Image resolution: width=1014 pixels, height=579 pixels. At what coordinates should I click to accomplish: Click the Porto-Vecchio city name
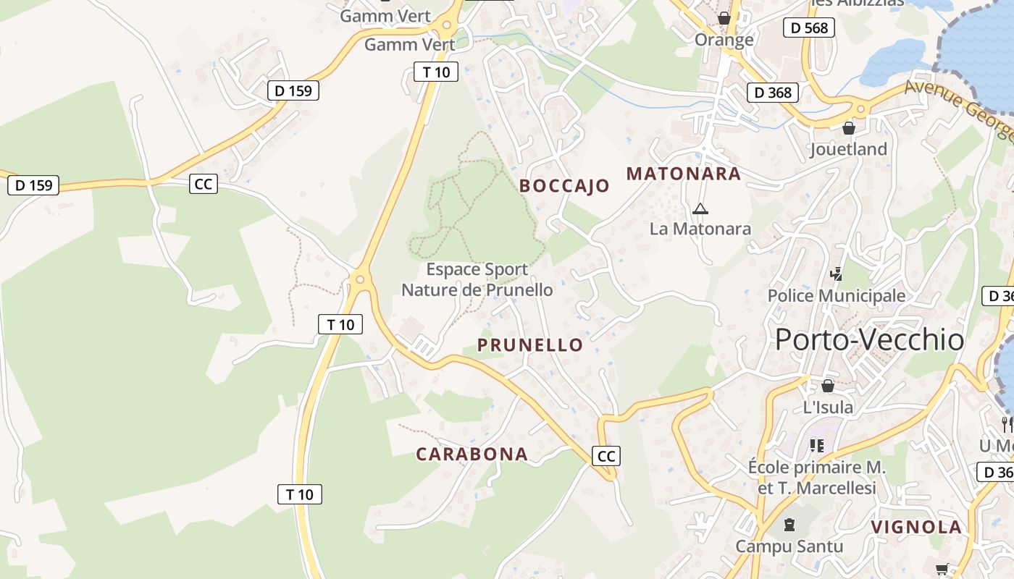pos(869,339)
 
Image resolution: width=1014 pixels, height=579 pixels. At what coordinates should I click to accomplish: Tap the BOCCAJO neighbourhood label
pos(564,186)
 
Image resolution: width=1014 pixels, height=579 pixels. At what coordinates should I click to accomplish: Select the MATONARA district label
pos(683,174)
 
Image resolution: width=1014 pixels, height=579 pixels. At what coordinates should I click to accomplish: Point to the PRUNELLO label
pos(529,345)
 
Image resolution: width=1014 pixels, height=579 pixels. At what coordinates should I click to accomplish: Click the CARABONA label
pos(472,455)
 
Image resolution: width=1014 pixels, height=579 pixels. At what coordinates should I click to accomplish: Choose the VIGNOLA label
pos(916,527)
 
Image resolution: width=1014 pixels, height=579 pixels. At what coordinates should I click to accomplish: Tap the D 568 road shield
pos(809,28)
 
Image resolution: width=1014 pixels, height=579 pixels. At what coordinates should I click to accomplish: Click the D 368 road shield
pos(773,93)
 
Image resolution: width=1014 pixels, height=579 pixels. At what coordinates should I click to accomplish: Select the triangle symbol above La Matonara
pos(700,209)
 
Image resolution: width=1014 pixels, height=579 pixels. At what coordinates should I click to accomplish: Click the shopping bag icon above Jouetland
pos(849,129)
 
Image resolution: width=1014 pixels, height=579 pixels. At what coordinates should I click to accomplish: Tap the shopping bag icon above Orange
pos(724,18)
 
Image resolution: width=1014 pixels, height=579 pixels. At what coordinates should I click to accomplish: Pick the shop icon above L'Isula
pos(828,386)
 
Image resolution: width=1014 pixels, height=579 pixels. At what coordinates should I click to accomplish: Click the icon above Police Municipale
pos(837,274)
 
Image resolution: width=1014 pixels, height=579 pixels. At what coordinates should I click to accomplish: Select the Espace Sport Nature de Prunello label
pos(477,280)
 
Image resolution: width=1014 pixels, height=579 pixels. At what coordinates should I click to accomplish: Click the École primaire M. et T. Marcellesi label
pos(816,478)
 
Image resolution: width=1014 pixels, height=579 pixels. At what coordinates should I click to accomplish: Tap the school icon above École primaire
pos(817,445)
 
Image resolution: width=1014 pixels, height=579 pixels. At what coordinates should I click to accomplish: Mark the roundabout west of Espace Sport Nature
pos(359,279)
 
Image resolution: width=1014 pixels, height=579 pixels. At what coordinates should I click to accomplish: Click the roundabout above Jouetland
pos(860,109)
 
